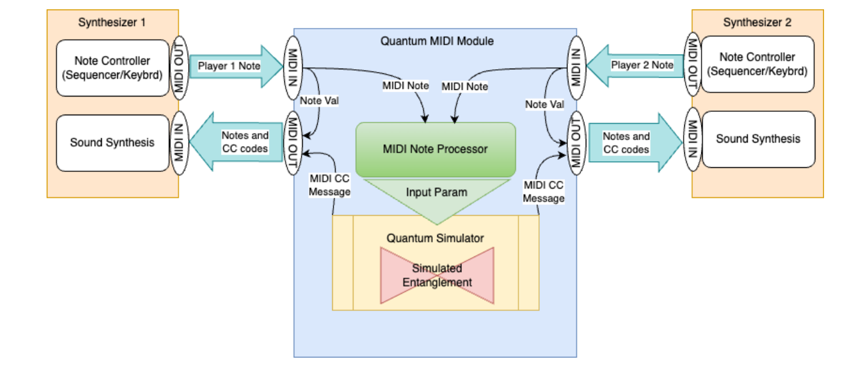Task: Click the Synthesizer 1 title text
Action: tap(112, 23)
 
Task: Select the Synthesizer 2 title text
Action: tap(757, 23)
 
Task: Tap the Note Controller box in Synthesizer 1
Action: tap(112, 68)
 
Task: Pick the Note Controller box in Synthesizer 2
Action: tap(757, 65)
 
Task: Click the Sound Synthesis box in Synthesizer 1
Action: tap(112, 143)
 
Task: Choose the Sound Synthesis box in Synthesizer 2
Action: tap(758, 139)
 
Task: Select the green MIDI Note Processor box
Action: tap(435, 149)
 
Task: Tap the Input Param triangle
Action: tap(436, 196)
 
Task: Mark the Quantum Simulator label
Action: tap(435, 238)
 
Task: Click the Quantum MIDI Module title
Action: tap(437, 41)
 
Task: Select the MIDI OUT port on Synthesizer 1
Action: tap(180, 67)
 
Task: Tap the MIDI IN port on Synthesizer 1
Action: tap(179, 143)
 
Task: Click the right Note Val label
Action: tap(545, 105)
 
